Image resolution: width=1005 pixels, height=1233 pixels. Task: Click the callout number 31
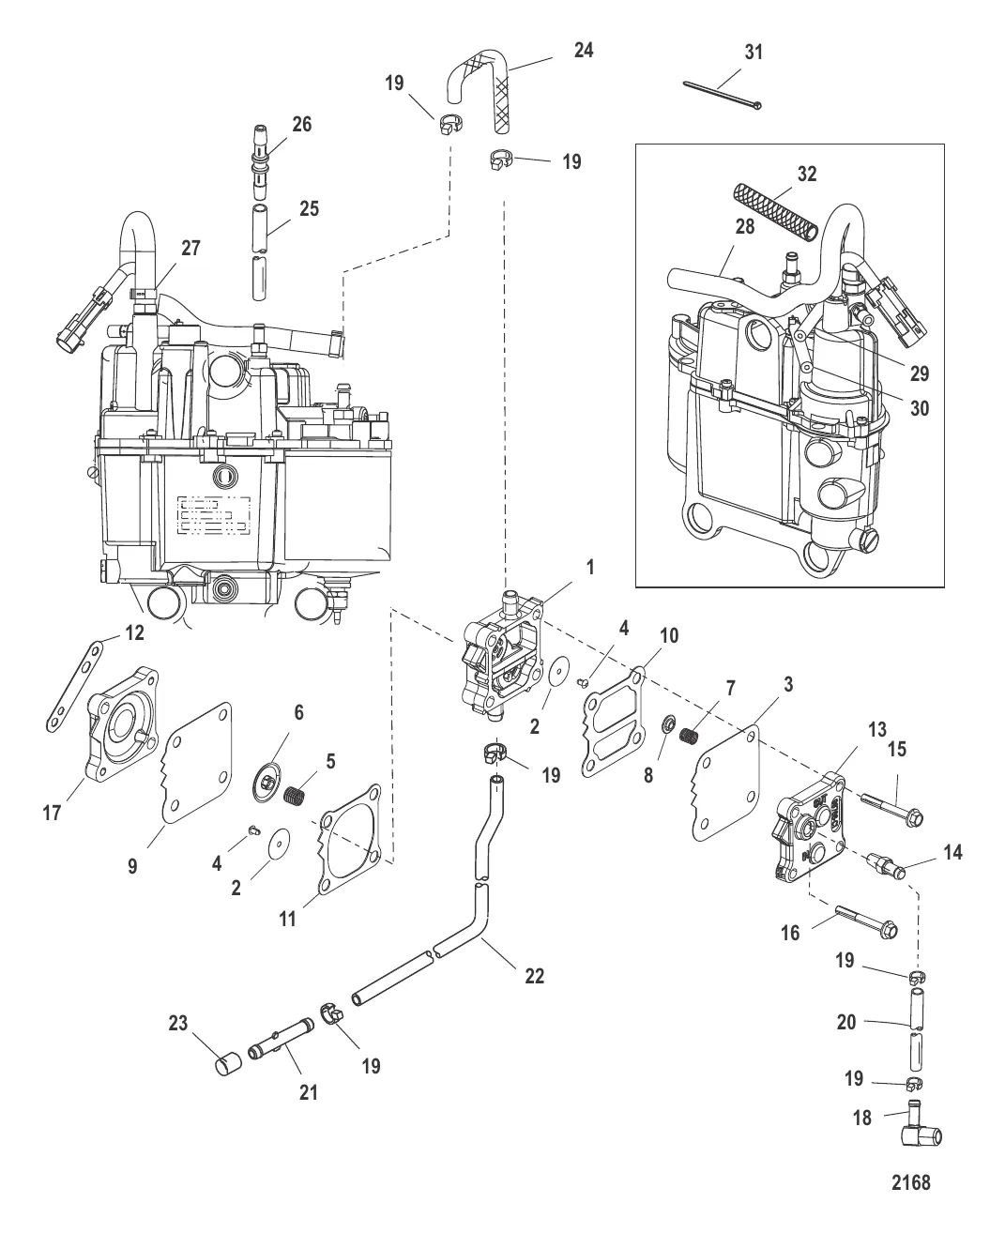pyautogui.click(x=754, y=53)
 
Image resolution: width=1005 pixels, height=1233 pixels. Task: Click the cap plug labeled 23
pyautogui.click(x=228, y=1064)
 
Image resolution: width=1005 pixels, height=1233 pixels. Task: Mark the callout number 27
pyautogui.click(x=191, y=249)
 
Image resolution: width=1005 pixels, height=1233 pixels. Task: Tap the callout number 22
pyautogui.click(x=534, y=976)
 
